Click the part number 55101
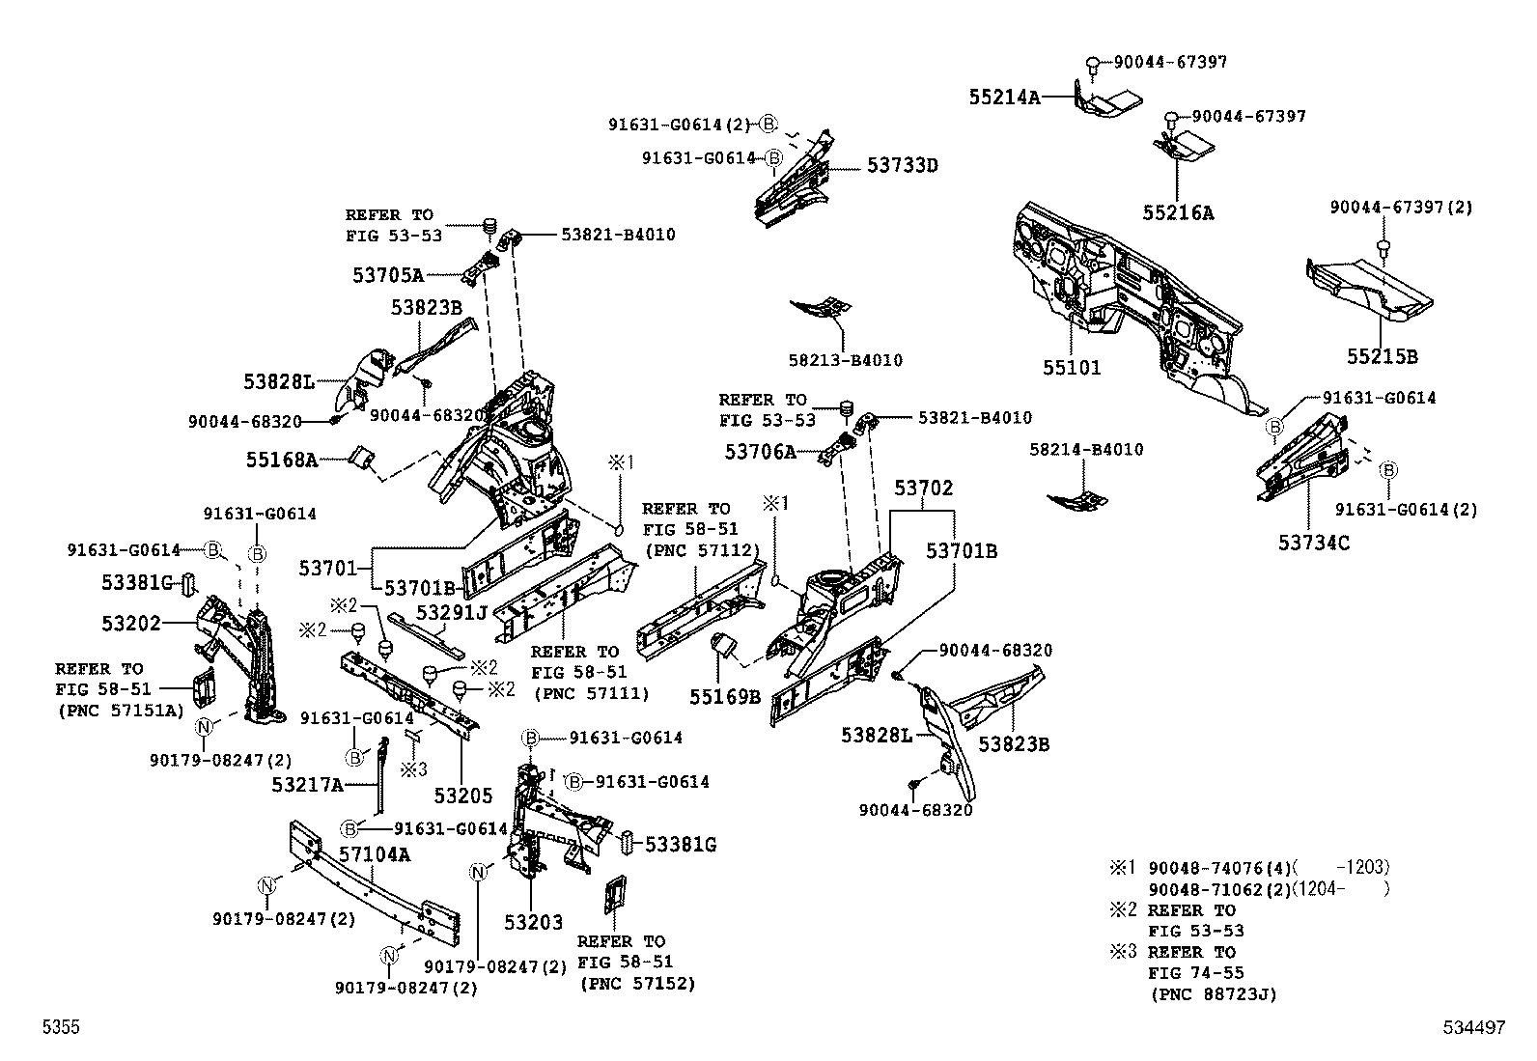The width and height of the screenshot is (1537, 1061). tap(1072, 368)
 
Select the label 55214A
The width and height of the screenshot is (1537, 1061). tap(1004, 97)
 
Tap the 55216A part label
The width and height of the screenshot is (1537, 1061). tap(1178, 213)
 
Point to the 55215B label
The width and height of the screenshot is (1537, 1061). tap(1382, 356)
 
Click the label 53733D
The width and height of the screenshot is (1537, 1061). tap(902, 165)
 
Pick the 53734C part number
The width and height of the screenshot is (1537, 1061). tap(1314, 543)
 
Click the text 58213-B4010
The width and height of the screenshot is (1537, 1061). tap(845, 360)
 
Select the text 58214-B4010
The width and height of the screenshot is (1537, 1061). tap(1086, 450)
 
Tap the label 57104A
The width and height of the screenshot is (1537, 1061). tap(375, 854)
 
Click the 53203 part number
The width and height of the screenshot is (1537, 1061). tap(533, 922)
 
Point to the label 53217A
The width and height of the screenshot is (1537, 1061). tap(307, 785)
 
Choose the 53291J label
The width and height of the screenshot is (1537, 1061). tap(451, 612)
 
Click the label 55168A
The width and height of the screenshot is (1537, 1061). tap(281, 460)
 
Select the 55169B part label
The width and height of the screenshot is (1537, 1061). tap(725, 696)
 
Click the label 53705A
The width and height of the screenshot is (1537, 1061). tap(388, 275)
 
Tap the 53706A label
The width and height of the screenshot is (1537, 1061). tap(760, 451)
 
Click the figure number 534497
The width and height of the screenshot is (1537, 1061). tap(1473, 1028)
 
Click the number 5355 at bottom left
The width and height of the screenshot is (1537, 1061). tap(60, 1028)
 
